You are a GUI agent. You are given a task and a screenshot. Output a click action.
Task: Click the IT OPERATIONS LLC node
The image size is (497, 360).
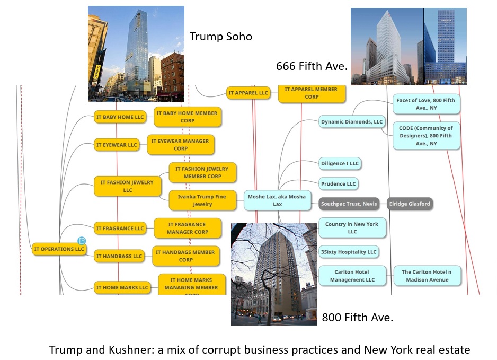(x=58, y=249)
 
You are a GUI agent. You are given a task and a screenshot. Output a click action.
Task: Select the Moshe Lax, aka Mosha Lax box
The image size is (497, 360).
(x=277, y=200)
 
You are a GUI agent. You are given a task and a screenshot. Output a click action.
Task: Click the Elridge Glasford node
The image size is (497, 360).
(x=410, y=204)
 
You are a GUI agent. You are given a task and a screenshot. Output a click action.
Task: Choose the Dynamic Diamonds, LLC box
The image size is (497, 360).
(x=351, y=122)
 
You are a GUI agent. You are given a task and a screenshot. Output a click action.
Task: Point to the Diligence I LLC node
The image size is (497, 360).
(x=340, y=163)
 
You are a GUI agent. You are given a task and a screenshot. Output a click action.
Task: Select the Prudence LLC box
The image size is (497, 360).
(x=339, y=184)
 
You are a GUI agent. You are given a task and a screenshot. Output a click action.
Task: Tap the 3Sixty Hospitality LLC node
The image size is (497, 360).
(x=349, y=252)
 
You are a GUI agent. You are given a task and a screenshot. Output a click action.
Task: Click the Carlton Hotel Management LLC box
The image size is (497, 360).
(x=351, y=276)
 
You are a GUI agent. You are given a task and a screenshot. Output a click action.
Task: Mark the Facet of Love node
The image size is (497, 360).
(x=425, y=104)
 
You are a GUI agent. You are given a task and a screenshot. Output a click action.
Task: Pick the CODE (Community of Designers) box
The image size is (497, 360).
(x=425, y=136)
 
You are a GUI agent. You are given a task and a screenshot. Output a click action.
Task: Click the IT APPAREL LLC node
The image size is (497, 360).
(x=248, y=93)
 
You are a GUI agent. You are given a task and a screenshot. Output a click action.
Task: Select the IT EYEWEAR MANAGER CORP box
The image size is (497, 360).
(x=180, y=145)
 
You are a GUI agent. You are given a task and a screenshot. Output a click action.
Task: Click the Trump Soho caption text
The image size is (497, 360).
(x=220, y=37)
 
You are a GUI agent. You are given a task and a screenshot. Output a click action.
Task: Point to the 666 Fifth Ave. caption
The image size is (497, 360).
(x=311, y=66)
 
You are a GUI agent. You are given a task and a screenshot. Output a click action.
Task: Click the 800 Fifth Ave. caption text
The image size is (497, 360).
(x=357, y=318)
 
